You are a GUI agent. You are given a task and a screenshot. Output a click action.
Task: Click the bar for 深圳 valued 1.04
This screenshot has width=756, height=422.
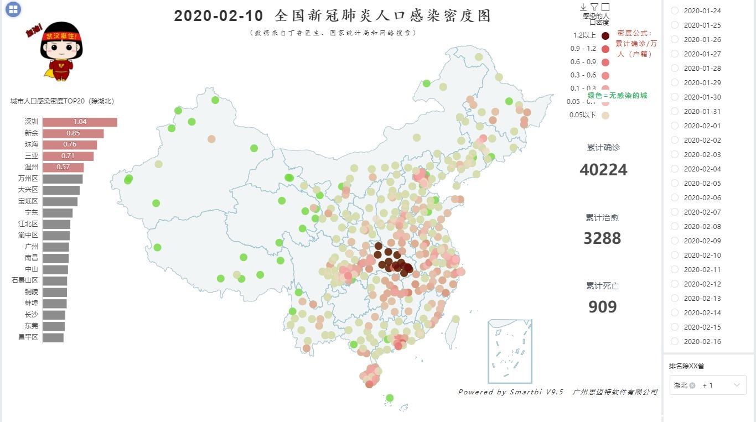point(80,122)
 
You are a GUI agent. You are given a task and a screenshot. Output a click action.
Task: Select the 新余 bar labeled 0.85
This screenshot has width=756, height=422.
point(73,133)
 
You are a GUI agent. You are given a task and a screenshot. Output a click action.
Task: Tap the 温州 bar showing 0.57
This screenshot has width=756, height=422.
point(63,167)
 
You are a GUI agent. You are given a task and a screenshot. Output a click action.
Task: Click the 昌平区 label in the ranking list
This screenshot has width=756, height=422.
point(28,337)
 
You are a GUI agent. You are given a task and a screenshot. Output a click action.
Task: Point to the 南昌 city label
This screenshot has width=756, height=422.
point(32,258)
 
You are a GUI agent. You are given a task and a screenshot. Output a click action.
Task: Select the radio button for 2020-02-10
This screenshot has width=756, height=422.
point(675,255)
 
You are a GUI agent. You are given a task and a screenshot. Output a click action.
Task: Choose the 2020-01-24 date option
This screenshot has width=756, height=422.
point(675,11)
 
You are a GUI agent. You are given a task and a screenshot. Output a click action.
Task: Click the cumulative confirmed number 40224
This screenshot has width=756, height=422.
point(603,170)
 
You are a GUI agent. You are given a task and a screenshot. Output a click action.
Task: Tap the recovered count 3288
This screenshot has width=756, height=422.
point(602,238)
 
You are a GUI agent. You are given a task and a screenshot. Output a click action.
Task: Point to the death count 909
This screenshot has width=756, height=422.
point(602,307)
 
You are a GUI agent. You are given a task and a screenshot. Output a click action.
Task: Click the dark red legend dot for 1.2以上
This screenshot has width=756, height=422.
point(605,36)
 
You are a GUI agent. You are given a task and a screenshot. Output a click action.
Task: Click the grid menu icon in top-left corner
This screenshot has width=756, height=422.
point(13,9)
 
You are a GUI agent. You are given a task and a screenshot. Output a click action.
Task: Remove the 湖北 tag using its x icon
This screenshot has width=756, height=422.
point(692,385)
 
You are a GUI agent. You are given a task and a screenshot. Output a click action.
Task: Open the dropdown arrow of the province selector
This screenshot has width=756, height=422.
point(737,385)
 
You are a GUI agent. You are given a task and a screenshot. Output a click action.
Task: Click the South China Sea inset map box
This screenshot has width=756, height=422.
point(510,351)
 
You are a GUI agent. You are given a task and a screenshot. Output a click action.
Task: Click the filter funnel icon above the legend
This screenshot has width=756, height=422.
point(594,7)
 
